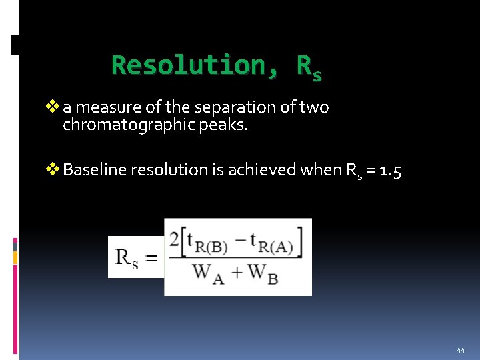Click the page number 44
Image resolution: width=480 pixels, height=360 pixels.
tap(461, 350)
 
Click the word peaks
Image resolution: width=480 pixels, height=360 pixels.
tap(229, 125)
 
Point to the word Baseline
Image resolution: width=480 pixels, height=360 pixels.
tap(95, 170)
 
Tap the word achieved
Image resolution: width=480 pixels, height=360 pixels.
tap(263, 170)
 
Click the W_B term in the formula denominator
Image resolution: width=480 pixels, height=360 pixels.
tap(263, 273)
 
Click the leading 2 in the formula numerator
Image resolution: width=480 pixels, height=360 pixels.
tap(174, 241)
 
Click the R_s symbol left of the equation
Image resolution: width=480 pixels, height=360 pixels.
tap(127, 257)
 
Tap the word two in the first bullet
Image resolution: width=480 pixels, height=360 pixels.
tap(315, 107)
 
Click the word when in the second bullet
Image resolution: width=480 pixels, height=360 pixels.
tap(322, 170)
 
